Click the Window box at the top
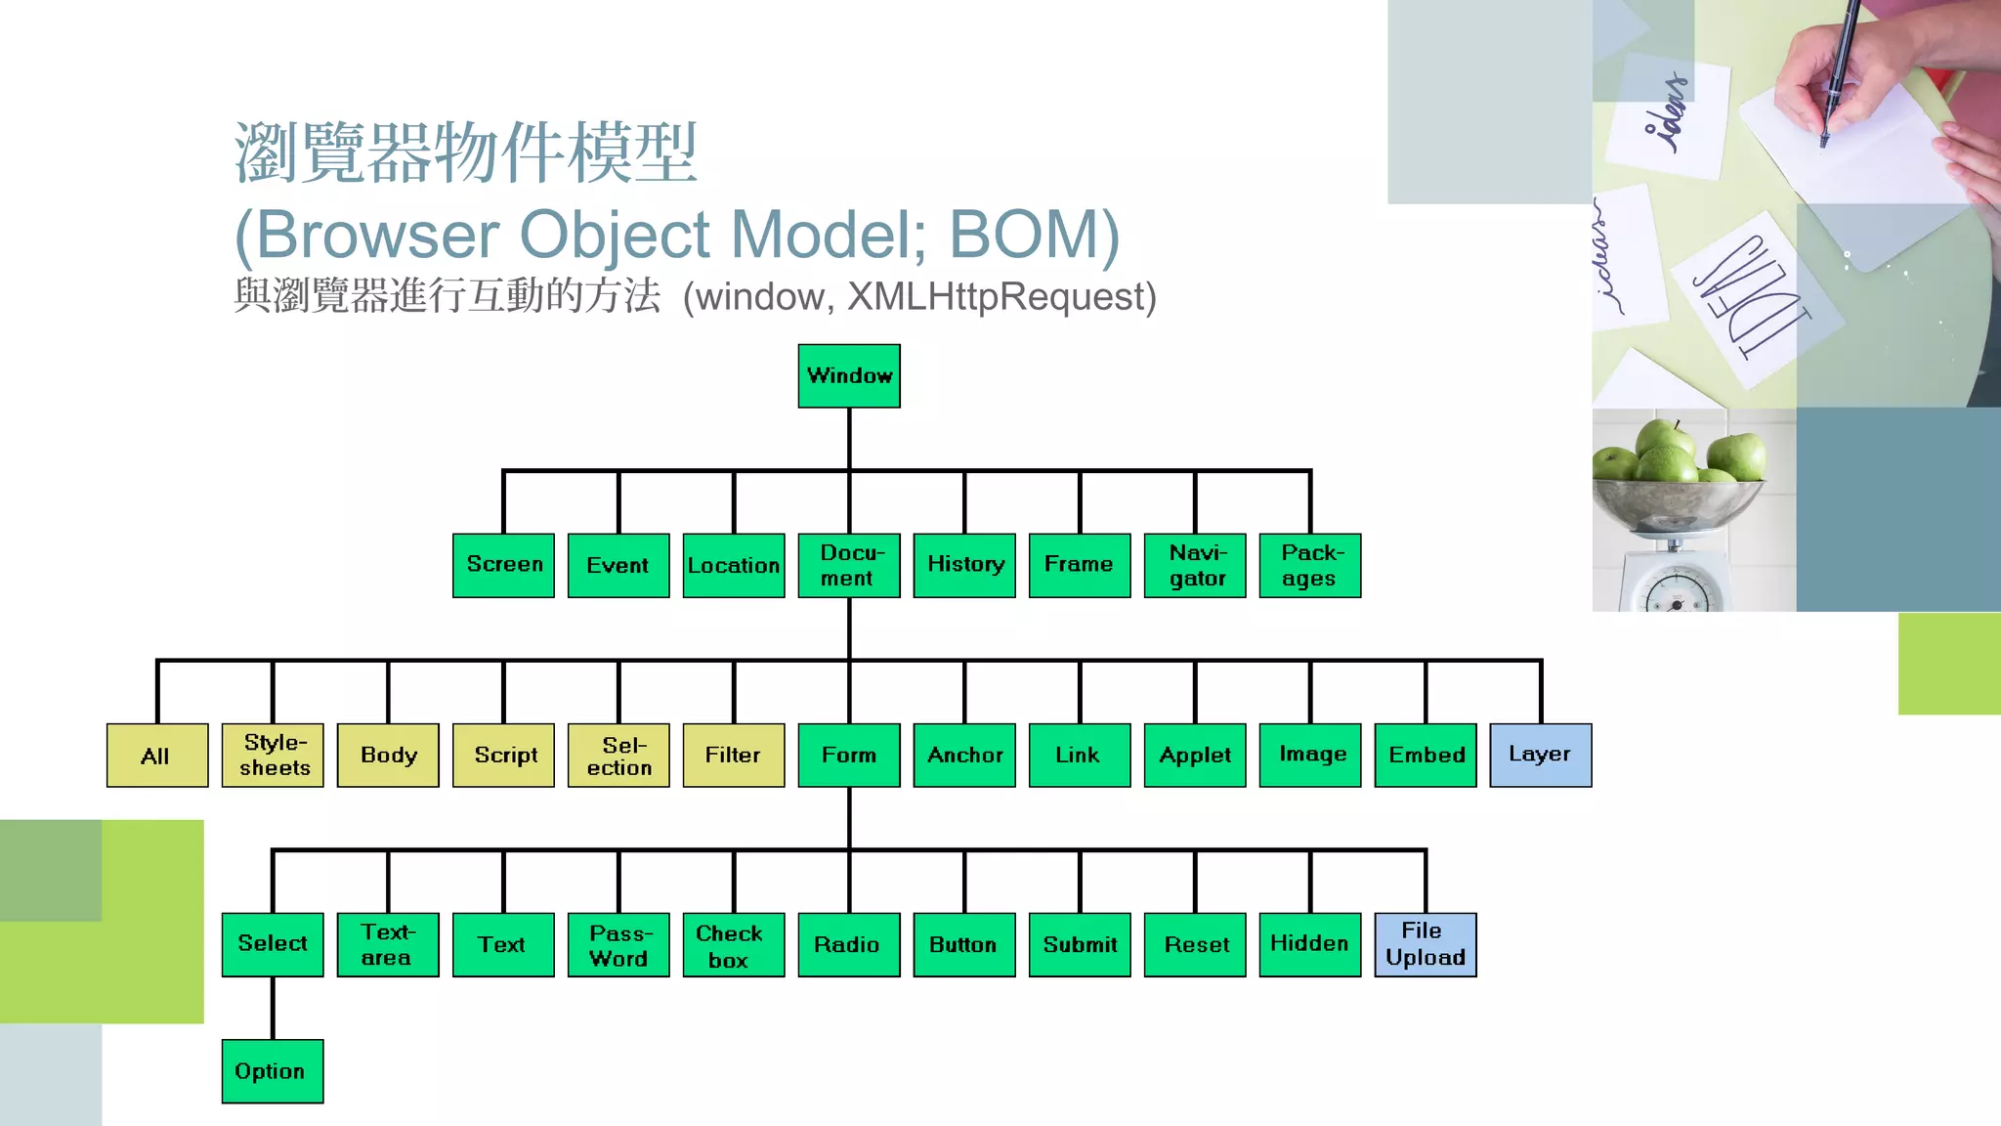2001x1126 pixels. [x=848, y=375]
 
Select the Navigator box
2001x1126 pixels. [x=1194, y=565]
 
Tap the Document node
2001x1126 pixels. [x=848, y=565]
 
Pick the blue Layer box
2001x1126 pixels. [x=1540, y=755]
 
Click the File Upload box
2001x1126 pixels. [x=1425, y=944]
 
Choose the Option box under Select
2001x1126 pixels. [x=272, y=1071]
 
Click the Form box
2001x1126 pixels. [x=848, y=755]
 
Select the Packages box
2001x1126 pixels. [x=1309, y=565]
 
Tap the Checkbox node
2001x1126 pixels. [x=733, y=944]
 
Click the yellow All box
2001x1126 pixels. [x=156, y=755]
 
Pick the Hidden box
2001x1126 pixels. [x=1309, y=944]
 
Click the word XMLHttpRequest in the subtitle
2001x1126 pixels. [x=997, y=297]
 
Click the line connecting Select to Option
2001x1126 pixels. [x=273, y=1008]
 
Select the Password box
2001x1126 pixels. [x=617, y=944]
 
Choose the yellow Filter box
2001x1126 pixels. [x=733, y=755]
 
